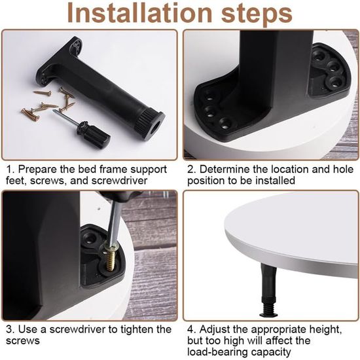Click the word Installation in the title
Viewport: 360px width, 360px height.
click(x=139, y=13)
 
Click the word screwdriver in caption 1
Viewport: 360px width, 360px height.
click(x=119, y=181)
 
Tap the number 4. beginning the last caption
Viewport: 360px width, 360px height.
click(x=191, y=329)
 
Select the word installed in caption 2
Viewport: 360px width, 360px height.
click(x=275, y=181)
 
